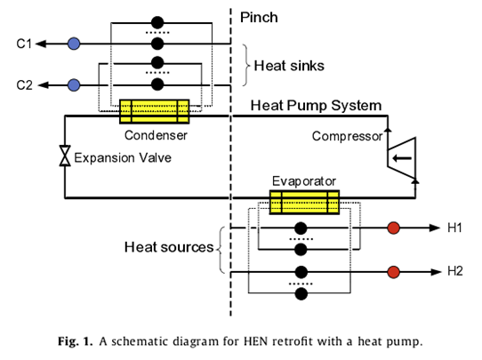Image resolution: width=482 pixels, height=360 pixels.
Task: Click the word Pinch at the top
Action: point(259,18)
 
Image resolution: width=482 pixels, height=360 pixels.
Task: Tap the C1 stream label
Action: point(24,44)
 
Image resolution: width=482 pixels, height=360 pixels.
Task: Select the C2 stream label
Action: point(24,85)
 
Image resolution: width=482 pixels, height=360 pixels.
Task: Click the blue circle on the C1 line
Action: point(74,44)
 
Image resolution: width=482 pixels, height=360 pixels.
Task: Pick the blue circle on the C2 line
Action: point(74,84)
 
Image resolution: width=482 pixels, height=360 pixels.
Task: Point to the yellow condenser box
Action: point(155,111)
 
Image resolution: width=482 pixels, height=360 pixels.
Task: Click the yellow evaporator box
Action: point(304,202)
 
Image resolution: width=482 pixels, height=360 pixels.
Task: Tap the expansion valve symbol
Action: point(65,156)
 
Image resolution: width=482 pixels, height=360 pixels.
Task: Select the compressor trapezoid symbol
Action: point(401,158)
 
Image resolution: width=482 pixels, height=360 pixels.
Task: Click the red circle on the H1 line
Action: point(393,228)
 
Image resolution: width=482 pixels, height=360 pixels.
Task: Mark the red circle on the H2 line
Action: point(393,272)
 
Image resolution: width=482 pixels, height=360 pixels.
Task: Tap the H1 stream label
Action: point(454,228)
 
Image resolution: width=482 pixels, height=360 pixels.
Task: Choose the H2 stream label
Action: point(455,271)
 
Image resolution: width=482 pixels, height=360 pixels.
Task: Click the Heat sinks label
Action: point(289,66)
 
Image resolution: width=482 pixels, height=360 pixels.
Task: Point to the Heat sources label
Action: point(169,247)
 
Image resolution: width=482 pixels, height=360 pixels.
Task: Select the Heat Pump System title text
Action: point(316,106)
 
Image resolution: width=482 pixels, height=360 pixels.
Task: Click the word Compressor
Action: point(348,136)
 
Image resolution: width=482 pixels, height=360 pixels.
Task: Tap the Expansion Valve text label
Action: point(123,158)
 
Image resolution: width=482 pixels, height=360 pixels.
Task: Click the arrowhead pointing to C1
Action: point(41,44)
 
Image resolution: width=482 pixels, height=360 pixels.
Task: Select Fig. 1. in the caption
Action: point(75,341)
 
